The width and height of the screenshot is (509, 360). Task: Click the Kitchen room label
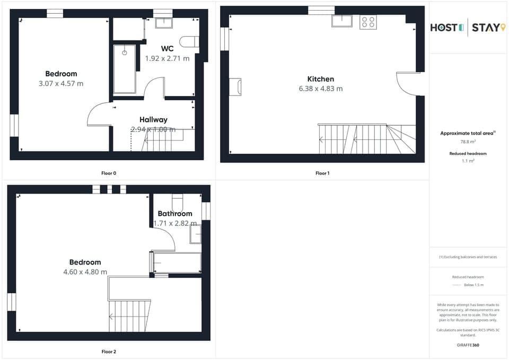click(320, 79)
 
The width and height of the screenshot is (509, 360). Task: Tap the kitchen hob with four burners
click(368, 22)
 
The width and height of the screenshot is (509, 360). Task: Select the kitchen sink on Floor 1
click(343, 21)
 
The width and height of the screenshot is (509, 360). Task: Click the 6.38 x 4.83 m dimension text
click(320, 89)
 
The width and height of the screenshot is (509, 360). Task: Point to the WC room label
click(167, 49)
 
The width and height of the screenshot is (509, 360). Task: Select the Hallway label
click(153, 120)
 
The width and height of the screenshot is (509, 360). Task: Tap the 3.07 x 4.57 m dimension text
click(61, 83)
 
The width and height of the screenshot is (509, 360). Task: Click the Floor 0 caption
click(109, 173)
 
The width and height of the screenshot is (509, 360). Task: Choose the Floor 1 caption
click(322, 173)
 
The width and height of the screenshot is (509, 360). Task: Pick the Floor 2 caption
click(109, 352)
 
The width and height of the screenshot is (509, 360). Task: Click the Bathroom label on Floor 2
click(175, 214)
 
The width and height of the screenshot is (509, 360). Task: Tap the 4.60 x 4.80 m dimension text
click(85, 272)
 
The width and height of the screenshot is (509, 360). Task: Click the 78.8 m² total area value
click(468, 142)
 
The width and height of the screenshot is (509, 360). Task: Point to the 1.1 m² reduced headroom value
click(468, 160)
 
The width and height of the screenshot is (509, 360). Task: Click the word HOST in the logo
click(444, 27)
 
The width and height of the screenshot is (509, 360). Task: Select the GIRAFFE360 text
click(468, 345)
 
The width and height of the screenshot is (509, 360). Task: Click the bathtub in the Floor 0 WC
click(125, 69)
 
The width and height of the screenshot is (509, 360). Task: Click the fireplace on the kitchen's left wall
click(235, 87)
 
